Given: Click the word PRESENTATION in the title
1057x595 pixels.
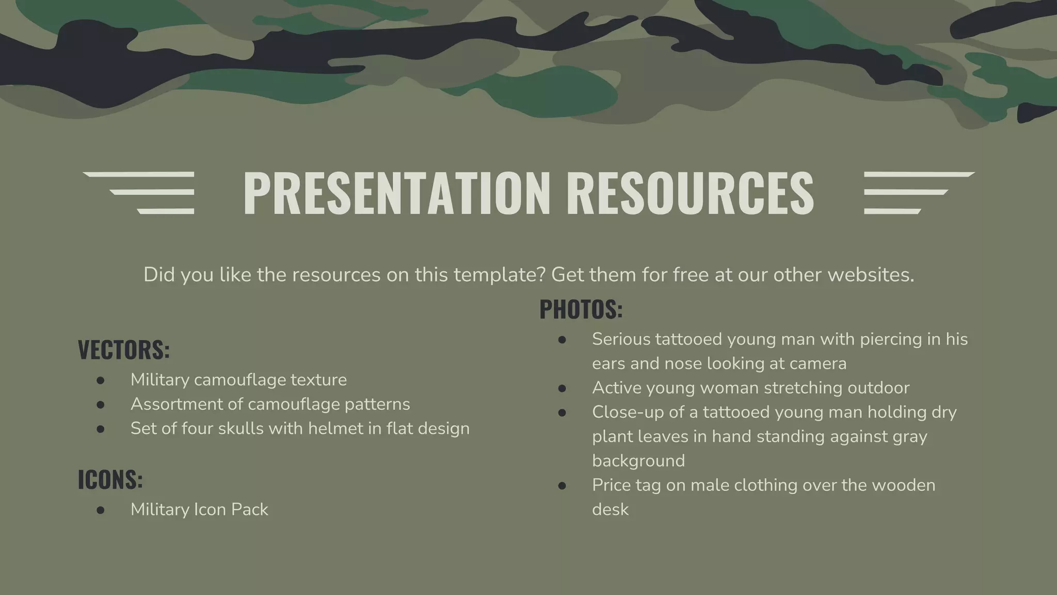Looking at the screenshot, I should tap(396, 193).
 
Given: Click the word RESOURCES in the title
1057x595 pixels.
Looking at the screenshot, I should tap(690, 193).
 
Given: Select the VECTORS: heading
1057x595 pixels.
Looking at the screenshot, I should tap(124, 350).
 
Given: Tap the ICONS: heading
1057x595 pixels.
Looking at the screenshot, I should tap(110, 480).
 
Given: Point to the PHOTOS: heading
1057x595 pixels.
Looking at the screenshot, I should tap(581, 309).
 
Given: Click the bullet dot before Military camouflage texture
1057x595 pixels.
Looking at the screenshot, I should tap(101, 381).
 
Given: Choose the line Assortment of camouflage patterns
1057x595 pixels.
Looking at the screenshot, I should tap(270, 404).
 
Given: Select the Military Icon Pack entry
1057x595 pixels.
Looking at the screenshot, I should tap(199, 509).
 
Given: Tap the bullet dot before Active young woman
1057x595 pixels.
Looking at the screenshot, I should tap(562, 388).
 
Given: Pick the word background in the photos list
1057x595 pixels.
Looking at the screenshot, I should tap(638, 461).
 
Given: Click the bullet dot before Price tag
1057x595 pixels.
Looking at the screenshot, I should tap(562, 486).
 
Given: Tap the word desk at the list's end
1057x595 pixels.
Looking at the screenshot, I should tap(610, 509).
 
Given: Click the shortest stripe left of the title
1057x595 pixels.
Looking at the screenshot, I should tap(166, 211).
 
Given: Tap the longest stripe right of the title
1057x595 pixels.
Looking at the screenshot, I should tap(919, 175).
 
